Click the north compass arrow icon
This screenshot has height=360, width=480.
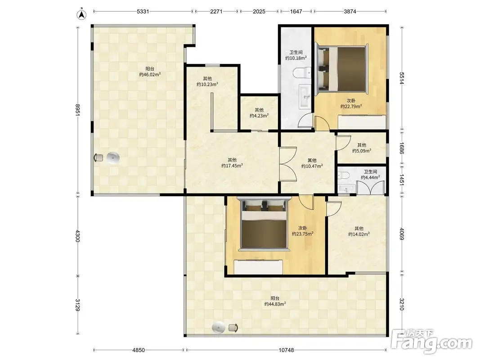tap(81, 14)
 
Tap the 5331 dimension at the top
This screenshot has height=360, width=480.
tap(143, 12)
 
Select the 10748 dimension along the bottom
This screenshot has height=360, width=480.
tap(286, 350)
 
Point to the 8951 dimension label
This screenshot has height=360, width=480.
tap(78, 110)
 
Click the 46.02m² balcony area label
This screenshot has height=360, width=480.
tap(150, 72)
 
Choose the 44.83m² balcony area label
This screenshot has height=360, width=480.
tap(275, 301)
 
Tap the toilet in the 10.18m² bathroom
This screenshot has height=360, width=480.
tap(302, 73)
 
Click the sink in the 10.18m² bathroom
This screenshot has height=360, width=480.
tap(305, 96)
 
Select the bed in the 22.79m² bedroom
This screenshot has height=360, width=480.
tap(342, 68)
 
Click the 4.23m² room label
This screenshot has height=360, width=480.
tap(259, 112)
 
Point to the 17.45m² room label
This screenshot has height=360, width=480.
tap(232, 163)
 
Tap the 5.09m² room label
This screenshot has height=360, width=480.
tap(362, 148)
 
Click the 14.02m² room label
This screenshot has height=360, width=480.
tap(359, 231)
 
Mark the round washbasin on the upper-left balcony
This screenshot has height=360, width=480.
tap(113, 158)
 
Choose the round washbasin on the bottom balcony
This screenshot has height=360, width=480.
tap(219, 328)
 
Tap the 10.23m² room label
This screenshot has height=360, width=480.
tap(207, 81)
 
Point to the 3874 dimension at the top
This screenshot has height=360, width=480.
tap(350, 12)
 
